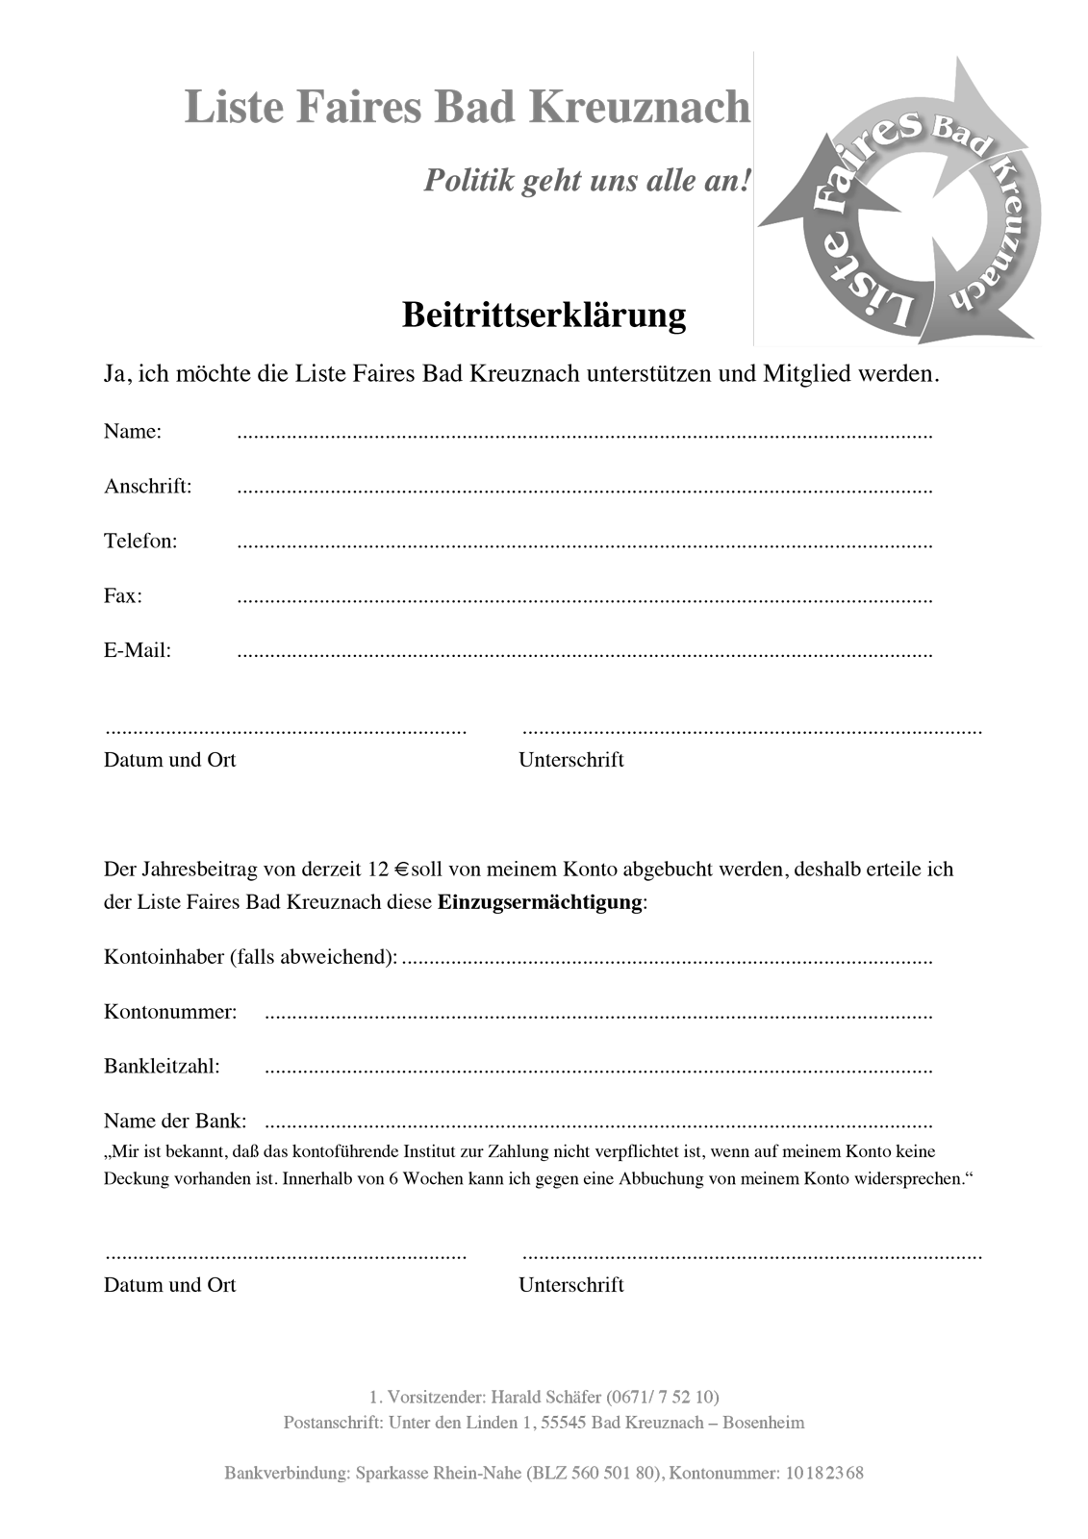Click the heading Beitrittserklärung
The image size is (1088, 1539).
click(x=544, y=315)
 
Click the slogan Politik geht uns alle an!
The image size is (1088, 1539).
click(x=587, y=180)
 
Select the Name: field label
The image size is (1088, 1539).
click(x=133, y=431)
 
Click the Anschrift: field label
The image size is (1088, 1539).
click(x=148, y=486)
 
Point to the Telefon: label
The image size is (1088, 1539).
click(x=140, y=541)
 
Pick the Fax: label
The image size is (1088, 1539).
click(x=123, y=595)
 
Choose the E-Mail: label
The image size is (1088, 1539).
click(x=138, y=650)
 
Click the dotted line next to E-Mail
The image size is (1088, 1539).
click(x=585, y=654)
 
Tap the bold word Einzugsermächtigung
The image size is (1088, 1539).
click(x=540, y=903)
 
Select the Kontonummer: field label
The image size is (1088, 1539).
click(x=170, y=1012)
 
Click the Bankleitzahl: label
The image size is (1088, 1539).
click(x=162, y=1066)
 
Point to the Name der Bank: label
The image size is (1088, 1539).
click(x=175, y=1121)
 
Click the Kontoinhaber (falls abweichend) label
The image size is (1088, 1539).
click(x=250, y=957)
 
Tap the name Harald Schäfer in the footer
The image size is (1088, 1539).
click(x=546, y=1397)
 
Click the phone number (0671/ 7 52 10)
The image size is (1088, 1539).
click(x=663, y=1397)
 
